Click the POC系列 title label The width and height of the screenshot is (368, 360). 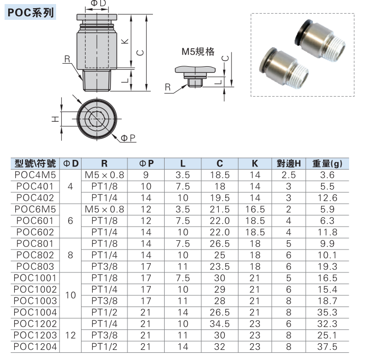point(31,12)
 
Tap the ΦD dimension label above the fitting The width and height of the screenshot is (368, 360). point(98,3)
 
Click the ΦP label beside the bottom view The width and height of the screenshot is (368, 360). point(128,138)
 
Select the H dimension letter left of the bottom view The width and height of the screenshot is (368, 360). point(55,119)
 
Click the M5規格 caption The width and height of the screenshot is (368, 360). point(198,51)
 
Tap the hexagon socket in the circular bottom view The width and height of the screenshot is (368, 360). point(97,119)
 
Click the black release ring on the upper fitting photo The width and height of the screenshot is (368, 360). point(303,32)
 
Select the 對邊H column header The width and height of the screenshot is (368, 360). point(288,163)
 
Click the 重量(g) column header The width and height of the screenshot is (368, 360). point(327,163)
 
